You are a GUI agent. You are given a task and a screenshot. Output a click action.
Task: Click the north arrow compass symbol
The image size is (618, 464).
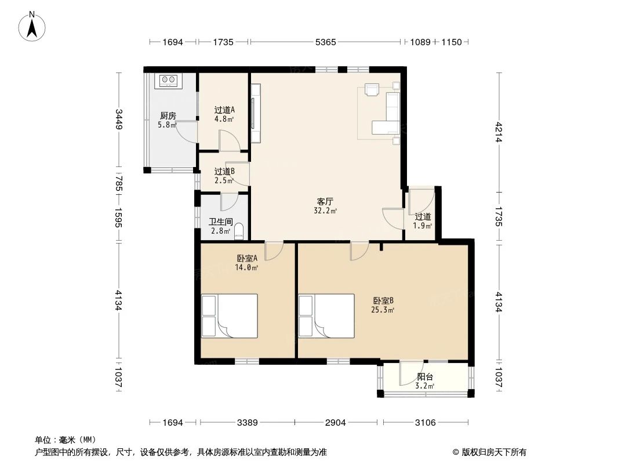[32, 26]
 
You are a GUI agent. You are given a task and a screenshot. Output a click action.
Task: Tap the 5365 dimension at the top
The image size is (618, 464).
[326, 42]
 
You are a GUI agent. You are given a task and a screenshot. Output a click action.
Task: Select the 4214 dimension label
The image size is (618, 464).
[499, 132]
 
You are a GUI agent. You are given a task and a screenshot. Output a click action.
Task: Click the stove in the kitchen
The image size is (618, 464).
[169, 81]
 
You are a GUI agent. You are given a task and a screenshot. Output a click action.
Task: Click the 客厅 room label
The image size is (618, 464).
[325, 201]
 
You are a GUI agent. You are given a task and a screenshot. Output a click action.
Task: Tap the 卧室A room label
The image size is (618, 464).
[247, 259]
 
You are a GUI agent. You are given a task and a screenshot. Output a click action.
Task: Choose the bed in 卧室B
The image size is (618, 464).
[326, 316]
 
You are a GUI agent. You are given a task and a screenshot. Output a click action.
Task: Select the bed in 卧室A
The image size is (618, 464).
[230, 316]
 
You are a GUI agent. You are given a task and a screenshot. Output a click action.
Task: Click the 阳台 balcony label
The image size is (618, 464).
[425, 377]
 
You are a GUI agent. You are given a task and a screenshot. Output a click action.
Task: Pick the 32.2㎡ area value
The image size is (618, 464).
[325, 211]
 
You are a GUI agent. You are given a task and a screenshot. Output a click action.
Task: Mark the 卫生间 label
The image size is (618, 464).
[221, 222]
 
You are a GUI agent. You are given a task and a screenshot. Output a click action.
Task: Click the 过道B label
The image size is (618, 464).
[225, 172]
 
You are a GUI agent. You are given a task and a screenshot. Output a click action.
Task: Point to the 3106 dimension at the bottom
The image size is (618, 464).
[426, 423]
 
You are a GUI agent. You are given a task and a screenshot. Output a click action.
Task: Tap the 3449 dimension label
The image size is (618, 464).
[119, 119]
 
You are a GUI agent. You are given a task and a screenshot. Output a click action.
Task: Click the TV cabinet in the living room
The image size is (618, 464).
[256, 113]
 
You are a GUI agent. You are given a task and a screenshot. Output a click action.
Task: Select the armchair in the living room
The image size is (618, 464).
[372, 90]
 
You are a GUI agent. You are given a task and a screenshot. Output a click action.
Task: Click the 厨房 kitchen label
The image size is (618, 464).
[168, 116]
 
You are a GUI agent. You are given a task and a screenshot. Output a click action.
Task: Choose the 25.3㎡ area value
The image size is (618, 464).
[383, 310]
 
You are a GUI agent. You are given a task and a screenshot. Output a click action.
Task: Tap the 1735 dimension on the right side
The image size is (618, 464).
[499, 216]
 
